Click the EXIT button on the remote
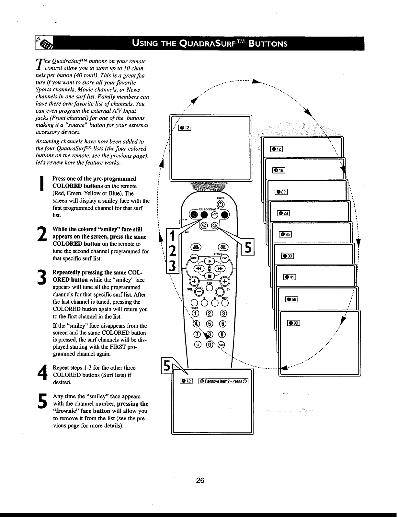(224, 258)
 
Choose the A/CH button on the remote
(221, 345)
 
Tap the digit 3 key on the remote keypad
(223, 313)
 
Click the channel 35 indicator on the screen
(286, 234)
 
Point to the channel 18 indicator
(279, 170)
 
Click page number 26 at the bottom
(200, 481)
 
